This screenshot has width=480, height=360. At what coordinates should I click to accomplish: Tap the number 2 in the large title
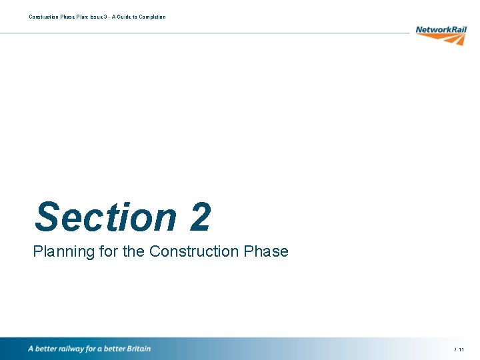(x=200, y=217)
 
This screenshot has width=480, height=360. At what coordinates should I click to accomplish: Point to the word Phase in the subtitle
(x=268, y=251)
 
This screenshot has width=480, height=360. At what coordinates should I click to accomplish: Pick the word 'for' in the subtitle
(x=103, y=251)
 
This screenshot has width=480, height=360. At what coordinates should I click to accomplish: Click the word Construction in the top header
(x=43, y=17)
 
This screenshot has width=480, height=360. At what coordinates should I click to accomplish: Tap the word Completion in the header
(x=153, y=17)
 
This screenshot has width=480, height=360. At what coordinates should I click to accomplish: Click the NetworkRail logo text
(x=441, y=29)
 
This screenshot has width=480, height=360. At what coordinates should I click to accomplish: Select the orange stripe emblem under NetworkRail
(x=451, y=39)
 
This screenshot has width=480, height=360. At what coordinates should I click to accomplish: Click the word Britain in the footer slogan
(x=137, y=349)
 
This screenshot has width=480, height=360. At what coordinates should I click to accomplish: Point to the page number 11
(x=461, y=349)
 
